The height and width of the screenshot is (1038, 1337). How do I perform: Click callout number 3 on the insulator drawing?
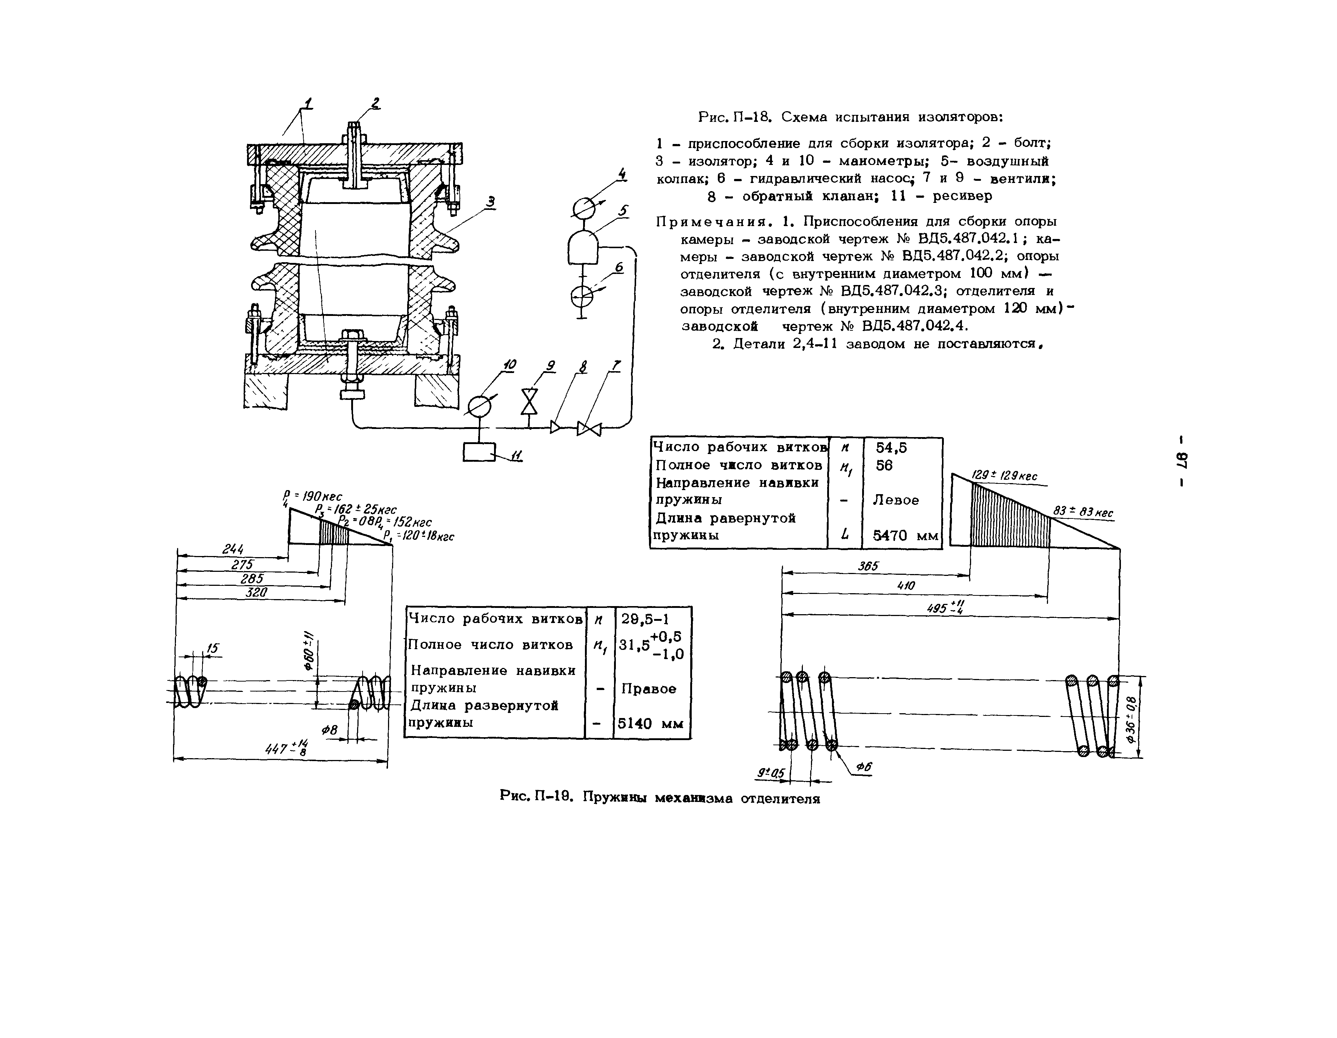(x=491, y=201)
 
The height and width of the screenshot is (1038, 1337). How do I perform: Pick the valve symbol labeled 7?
(x=589, y=427)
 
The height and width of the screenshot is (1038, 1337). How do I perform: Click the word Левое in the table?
(x=896, y=500)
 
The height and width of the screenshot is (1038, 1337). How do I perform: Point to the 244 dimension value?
(x=233, y=549)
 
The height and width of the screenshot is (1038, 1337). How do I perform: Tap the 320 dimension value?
(x=257, y=592)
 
